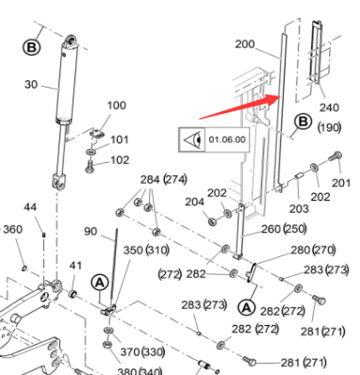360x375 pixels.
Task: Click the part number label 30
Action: [31, 85]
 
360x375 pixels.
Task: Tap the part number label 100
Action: [117, 106]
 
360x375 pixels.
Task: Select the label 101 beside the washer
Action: [120, 139]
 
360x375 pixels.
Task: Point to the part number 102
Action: [120, 160]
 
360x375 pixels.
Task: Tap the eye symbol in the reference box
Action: [192, 140]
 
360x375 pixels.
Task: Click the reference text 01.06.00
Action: [227, 139]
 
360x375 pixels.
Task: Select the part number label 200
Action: [245, 44]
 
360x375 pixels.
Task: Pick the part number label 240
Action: [329, 107]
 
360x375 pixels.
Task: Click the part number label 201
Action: [341, 183]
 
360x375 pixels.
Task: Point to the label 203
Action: [299, 208]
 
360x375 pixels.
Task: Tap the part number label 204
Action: [194, 202]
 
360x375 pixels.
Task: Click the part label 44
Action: [30, 207]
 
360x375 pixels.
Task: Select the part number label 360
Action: [13, 229]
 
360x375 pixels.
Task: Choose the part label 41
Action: [75, 266]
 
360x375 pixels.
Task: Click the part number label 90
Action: [90, 232]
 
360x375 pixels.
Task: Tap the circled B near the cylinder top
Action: [32, 48]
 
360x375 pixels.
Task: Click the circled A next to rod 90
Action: [100, 283]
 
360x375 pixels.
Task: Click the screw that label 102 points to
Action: [90, 166]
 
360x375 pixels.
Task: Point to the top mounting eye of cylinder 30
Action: [71, 41]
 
